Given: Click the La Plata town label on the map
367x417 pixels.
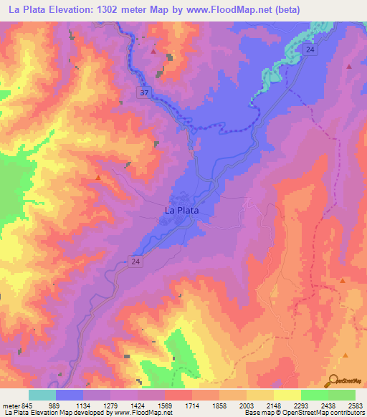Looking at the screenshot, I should (181, 211).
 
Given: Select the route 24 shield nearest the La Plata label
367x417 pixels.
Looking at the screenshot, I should (136, 262).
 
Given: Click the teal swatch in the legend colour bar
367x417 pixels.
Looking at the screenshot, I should (42, 396).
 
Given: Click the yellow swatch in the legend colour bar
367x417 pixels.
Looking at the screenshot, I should (287, 396).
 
